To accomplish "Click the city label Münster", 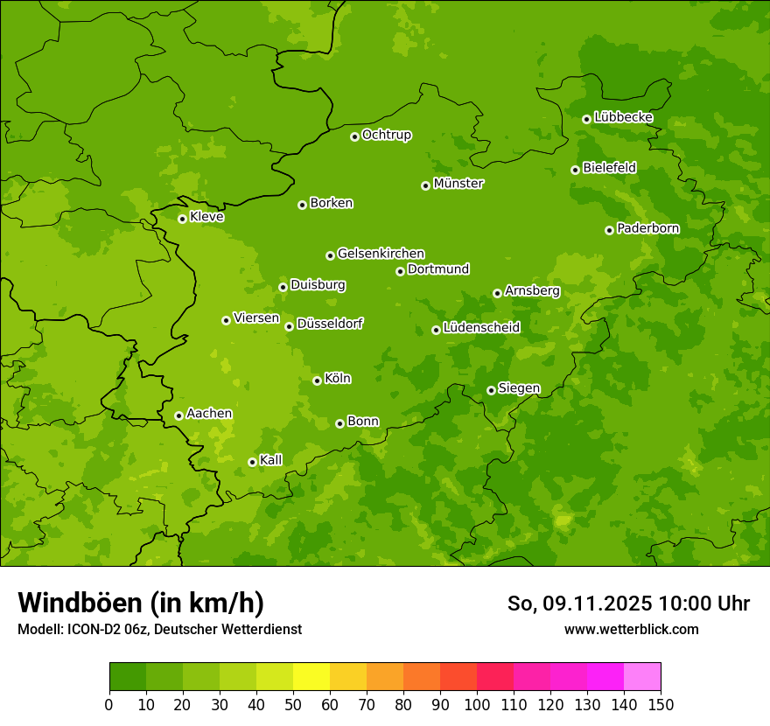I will point(458,184).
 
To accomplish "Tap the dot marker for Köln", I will point(317,380).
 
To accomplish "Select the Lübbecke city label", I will point(623,117).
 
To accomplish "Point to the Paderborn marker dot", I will point(609,230).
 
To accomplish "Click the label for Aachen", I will point(209,414).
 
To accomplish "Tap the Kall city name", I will point(271,460).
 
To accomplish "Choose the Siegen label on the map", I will point(519,388).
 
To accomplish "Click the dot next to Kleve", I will point(182,219).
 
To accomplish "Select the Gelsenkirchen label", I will point(381,254).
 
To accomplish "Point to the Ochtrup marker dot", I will point(354,136).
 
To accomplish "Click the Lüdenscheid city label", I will point(481,328).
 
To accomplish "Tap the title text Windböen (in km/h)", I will point(140,603).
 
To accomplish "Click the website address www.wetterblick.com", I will point(631,629).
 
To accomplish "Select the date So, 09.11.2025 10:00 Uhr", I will point(628,604).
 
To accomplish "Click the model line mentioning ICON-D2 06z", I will point(159,629).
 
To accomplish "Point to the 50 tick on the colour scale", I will point(293,705).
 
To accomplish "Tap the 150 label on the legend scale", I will point(660,705).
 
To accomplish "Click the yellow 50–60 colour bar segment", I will point(311,677).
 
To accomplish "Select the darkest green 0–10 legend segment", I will point(128,677).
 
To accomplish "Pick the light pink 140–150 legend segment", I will point(642,677).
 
